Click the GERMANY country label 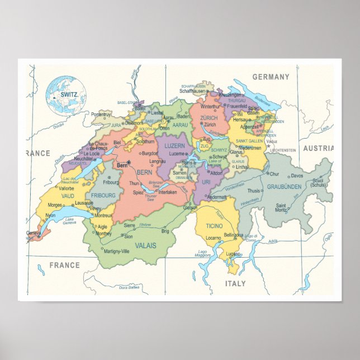coord(271,77)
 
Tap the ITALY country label coord(235,283)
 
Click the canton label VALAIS coord(145,245)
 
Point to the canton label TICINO coord(214,225)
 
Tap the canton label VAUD coord(68,196)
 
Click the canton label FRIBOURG coord(103,196)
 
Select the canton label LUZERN coord(174,145)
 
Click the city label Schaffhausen coord(194,91)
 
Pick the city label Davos coord(296,176)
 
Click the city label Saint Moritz coord(281,207)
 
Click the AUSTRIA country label coord(318,148)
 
